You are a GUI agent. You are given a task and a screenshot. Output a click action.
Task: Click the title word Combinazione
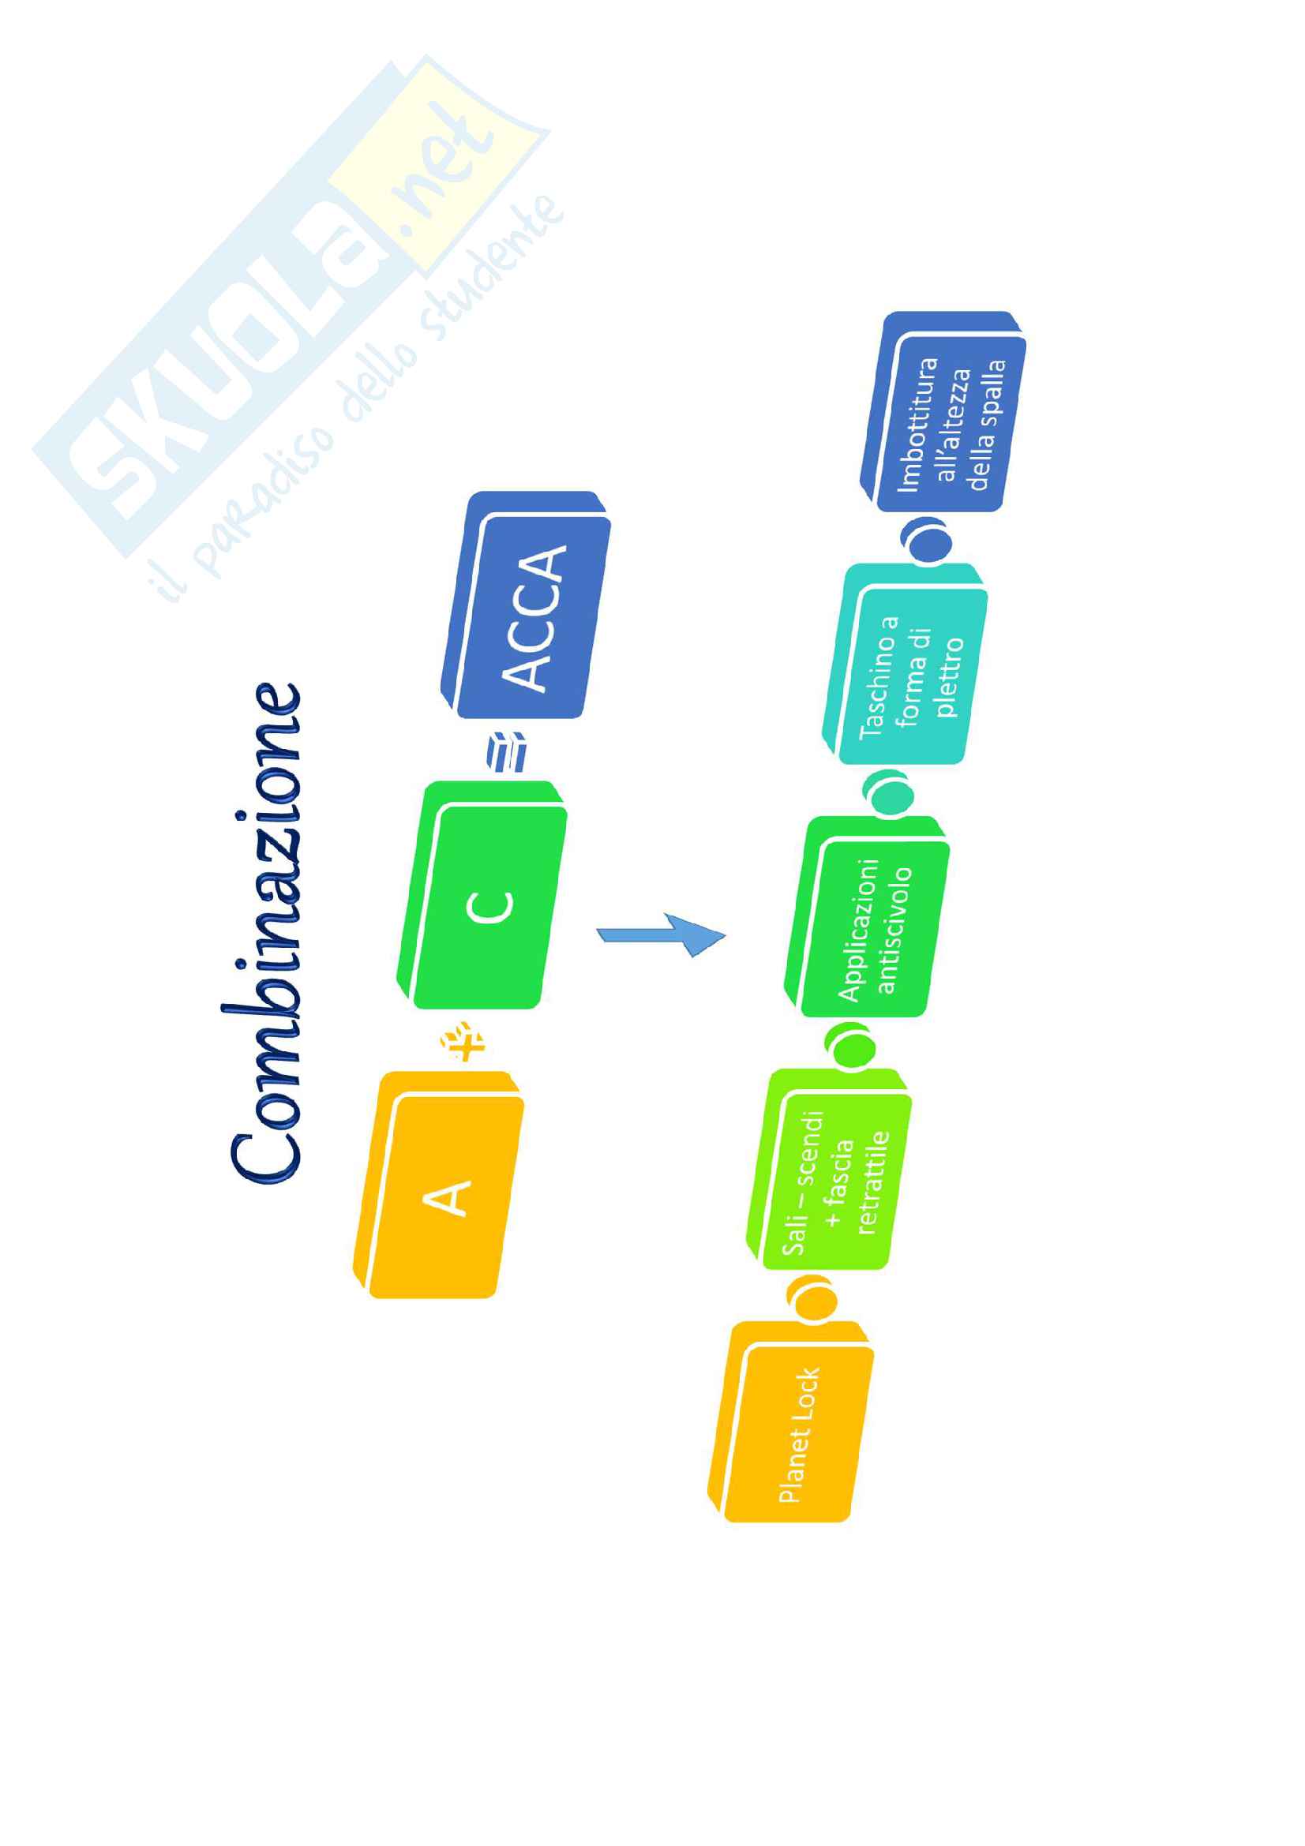tap(265, 933)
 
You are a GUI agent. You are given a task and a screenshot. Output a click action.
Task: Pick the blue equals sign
tap(507, 752)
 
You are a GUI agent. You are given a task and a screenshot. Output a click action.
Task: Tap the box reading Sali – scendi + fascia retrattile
tap(832, 1170)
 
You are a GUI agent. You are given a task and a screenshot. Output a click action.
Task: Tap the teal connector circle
tap(888, 792)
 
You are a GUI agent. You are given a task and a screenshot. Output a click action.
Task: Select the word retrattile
tap(872, 1182)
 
